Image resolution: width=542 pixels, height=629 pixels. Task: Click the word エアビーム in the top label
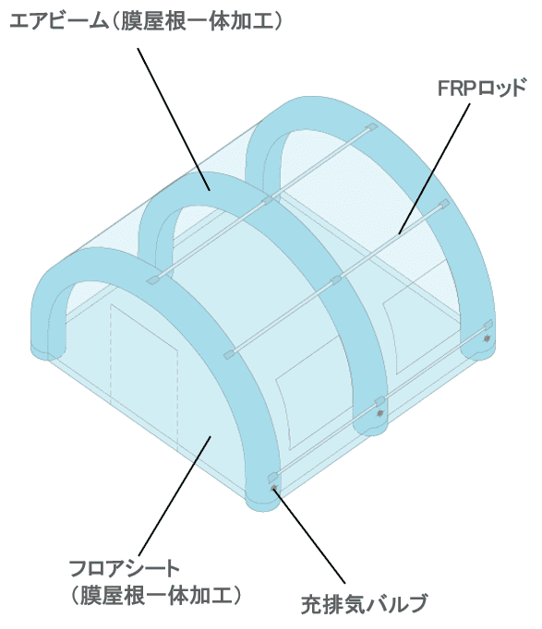click(58, 21)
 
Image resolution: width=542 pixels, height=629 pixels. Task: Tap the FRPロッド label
click(482, 88)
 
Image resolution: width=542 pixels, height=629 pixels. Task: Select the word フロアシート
click(124, 568)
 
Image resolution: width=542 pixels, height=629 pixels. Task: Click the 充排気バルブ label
click(364, 604)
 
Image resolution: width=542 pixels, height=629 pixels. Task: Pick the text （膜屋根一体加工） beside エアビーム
click(196, 21)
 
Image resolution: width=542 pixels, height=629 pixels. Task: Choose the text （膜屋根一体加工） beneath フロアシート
click(156, 595)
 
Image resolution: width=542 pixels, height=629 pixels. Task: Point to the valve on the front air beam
click(274, 488)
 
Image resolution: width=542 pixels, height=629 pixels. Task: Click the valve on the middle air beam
click(379, 413)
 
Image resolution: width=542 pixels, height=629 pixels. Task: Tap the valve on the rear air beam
click(487, 338)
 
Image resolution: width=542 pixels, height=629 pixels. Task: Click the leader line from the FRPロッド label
click(434, 169)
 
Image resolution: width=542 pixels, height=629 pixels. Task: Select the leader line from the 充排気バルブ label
click(309, 536)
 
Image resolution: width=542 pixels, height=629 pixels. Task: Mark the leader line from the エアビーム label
click(174, 119)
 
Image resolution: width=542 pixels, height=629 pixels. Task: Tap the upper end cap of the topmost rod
click(372, 127)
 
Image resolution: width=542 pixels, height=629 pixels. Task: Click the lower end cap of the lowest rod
click(273, 476)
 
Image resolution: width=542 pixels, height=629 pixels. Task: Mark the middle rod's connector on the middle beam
click(336, 279)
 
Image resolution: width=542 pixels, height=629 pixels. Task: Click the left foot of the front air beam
click(47, 352)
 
